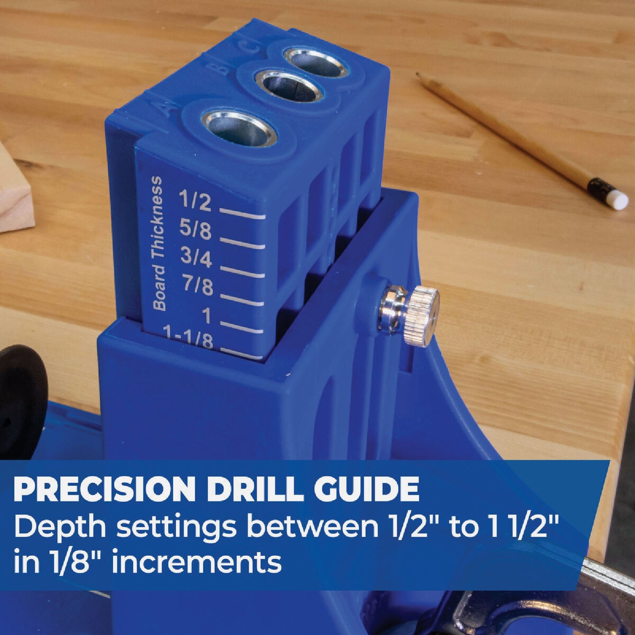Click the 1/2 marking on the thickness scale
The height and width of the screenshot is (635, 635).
(195, 201)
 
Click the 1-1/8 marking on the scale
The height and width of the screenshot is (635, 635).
(189, 338)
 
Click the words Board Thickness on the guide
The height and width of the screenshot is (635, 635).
(158, 244)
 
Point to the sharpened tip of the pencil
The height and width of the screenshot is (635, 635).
(419, 75)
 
